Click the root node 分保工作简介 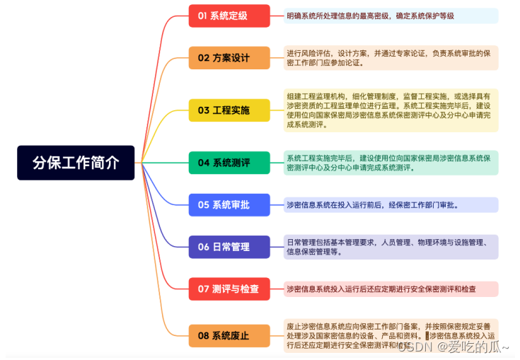[x=76, y=163]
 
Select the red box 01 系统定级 [x=229, y=16]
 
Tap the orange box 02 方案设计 [x=229, y=58]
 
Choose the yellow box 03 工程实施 [x=229, y=110]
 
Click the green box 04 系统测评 [x=229, y=163]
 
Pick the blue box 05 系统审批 [x=229, y=205]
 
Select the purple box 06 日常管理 [x=229, y=247]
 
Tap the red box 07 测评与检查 [x=229, y=289]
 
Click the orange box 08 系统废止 [x=229, y=335]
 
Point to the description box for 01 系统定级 [x=391, y=16]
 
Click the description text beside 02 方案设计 [x=391, y=58]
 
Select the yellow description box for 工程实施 [x=391, y=110]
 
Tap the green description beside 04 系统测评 [x=391, y=163]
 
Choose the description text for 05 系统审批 [x=391, y=205]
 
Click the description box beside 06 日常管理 [x=391, y=247]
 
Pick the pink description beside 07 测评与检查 [x=391, y=289]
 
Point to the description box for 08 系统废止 [x=391, y=335]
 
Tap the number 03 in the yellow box [x=203, y=110]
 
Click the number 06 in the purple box [x=203, y=247]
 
